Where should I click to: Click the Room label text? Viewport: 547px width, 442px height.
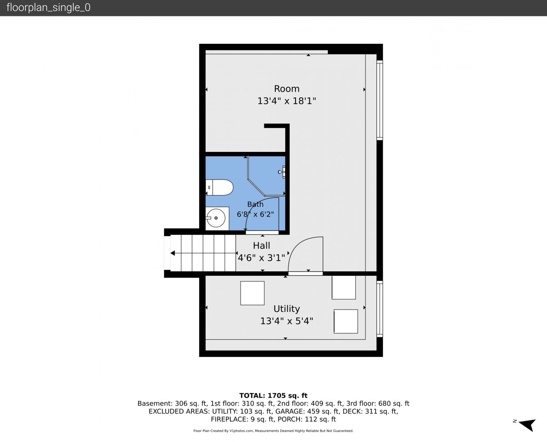286,89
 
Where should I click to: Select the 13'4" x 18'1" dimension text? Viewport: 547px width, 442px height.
286,101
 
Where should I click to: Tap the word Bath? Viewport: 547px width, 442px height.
255,204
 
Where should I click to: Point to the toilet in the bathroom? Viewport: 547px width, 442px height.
219,187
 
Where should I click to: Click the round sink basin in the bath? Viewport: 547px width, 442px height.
216,218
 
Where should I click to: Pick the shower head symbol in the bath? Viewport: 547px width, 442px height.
282,172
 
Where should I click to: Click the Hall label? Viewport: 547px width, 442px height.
261,246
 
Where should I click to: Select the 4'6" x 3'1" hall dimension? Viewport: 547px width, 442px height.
261,257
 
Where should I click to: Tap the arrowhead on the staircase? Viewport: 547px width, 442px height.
172,253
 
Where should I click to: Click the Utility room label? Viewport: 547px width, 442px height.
286,309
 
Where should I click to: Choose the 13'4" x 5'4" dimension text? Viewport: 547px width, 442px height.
286,321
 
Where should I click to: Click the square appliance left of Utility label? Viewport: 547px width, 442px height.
252,293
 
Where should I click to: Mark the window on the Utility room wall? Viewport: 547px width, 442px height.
379,309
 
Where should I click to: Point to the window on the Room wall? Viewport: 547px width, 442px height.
379,100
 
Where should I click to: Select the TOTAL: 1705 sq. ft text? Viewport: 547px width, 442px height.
273,395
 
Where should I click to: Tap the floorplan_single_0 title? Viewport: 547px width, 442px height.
48,7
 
